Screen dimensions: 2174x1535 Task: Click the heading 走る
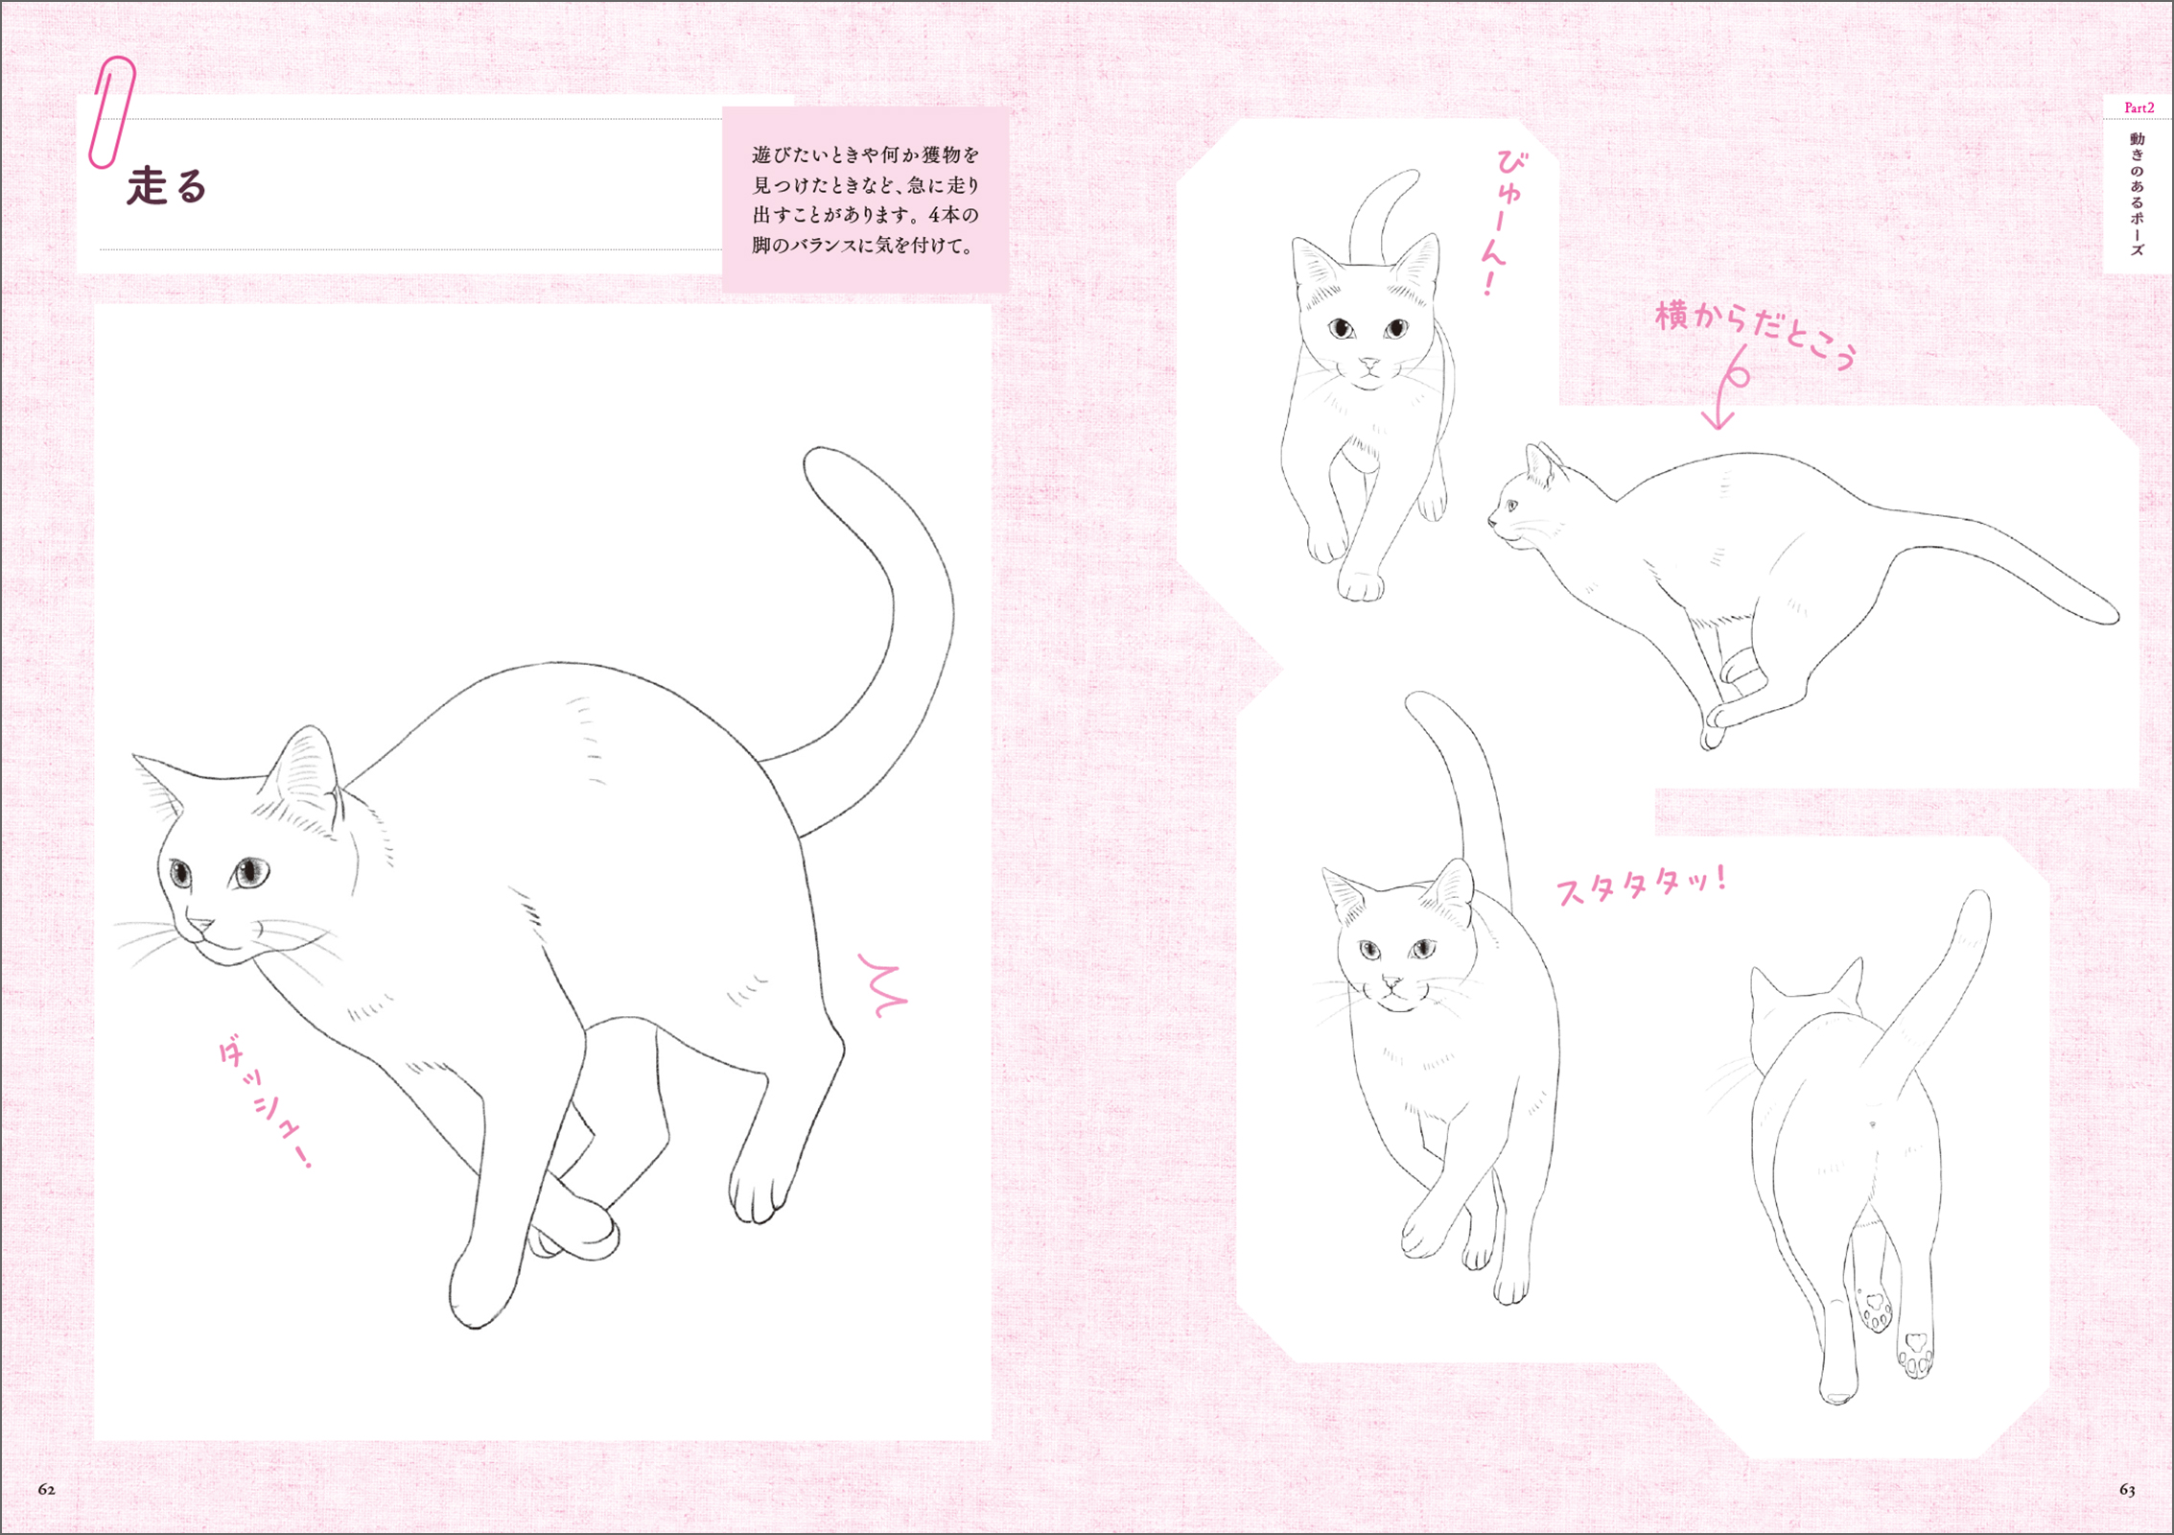167,186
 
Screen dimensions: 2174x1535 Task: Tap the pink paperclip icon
111,112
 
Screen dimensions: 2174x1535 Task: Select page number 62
46,1490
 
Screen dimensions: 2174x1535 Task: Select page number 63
2127,1490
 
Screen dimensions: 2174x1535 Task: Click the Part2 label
2139,108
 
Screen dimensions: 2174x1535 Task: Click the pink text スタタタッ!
1641,885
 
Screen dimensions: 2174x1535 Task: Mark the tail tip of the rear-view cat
1978,898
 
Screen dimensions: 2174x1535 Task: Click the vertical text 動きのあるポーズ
2138,195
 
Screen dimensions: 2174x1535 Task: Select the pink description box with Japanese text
865,200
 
